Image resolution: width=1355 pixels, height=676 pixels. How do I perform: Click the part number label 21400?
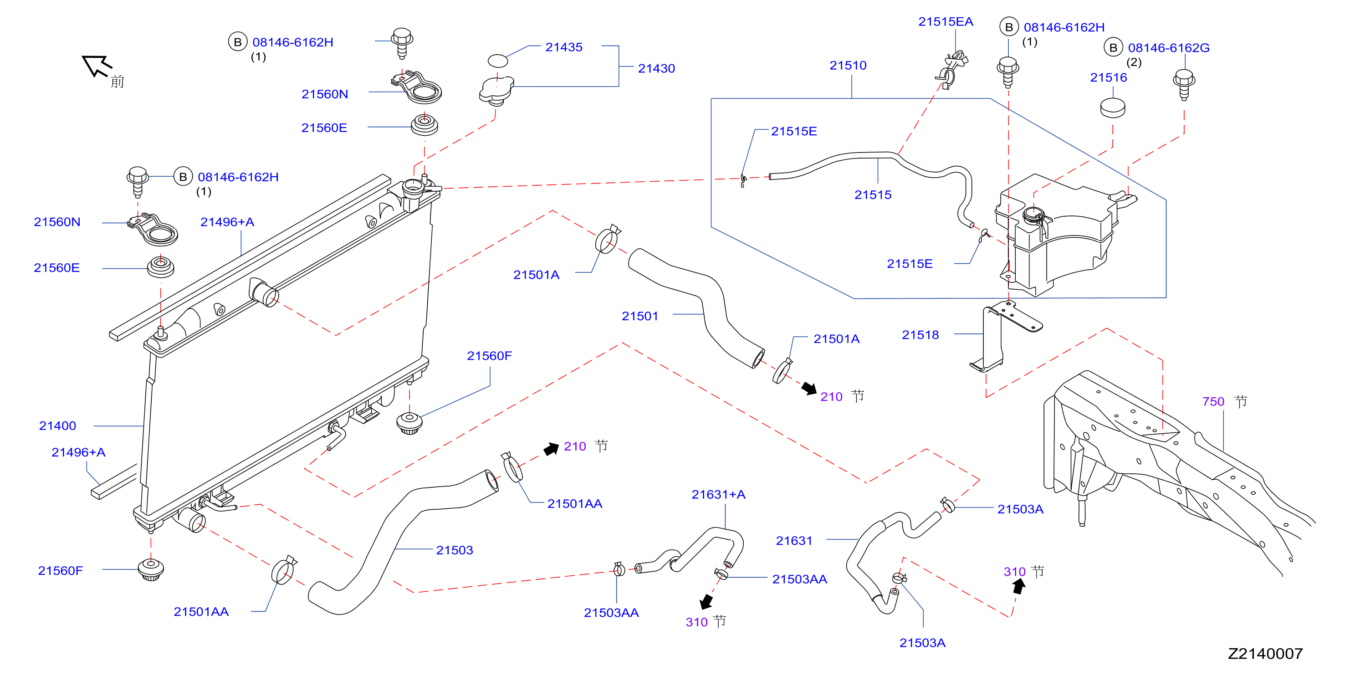[x=57, y=425]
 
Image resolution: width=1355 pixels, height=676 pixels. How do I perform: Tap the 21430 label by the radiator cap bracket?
[x=656, y=68]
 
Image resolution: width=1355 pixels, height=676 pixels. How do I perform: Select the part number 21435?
[x=564, y=47]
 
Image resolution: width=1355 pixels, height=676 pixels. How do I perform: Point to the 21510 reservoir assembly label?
[x=848, y=66]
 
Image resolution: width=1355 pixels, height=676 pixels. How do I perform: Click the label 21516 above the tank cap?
[x=1108, y=78]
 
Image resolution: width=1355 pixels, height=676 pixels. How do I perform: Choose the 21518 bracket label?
[x=920, y=335]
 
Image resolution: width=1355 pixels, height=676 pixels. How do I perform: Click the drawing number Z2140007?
[x=1265, y=654]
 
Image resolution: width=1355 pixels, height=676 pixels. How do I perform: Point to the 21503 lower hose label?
[x=455, y=550]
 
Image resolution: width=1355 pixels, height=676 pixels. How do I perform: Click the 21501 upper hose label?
[x=639, y=316]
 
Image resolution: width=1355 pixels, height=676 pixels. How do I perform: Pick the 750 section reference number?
[x=1213, y=402]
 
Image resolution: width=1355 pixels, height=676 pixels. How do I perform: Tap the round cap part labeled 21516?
[x=1113, y=108]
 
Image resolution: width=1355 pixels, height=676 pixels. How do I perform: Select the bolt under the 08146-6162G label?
[x=1184, y=84]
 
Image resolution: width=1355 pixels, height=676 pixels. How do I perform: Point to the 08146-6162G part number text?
[x=1168, y=48]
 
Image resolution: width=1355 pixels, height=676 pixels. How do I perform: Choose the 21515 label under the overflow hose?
[x=873, y=195]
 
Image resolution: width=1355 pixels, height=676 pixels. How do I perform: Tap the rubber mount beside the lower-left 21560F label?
[x=151, y=570]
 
